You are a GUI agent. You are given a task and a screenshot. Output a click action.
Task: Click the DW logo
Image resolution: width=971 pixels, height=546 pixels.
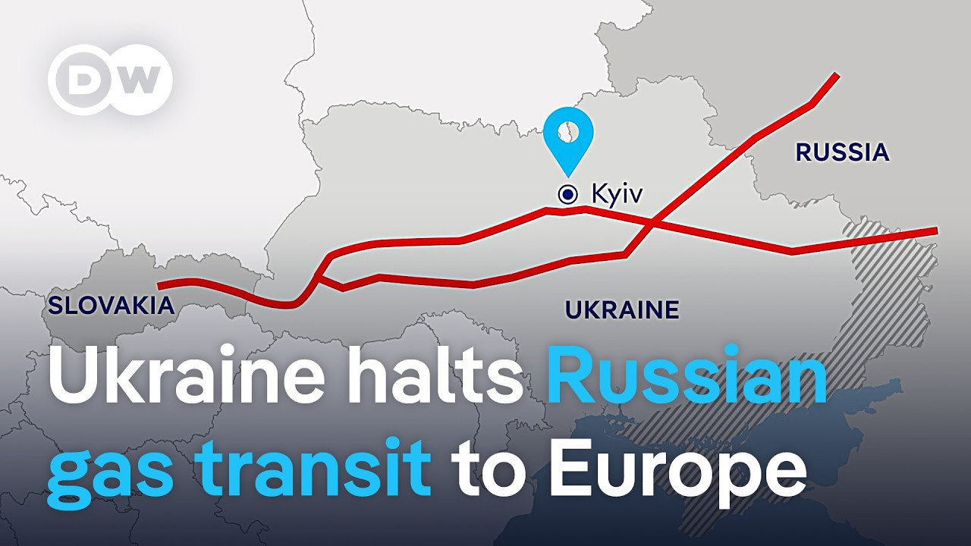tap(111, 80)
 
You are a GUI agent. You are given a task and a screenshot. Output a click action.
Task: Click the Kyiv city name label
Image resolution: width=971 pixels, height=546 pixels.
tap(617, 194)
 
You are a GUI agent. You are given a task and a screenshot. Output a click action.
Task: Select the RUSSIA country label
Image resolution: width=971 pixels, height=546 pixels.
tap(842, 152)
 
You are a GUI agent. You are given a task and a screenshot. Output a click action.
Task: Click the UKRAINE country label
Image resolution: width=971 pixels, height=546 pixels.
tap(622, 309)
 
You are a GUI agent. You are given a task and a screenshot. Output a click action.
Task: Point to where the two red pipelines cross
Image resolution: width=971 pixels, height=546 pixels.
tap(654, 222)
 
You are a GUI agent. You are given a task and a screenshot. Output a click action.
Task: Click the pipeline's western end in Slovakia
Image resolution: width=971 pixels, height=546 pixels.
tap(159, 286)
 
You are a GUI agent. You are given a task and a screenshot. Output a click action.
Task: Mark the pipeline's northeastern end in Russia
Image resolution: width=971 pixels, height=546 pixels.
tap(835, 75)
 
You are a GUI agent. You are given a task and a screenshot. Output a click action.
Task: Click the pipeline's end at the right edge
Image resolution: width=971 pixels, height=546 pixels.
tap(936, 230)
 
